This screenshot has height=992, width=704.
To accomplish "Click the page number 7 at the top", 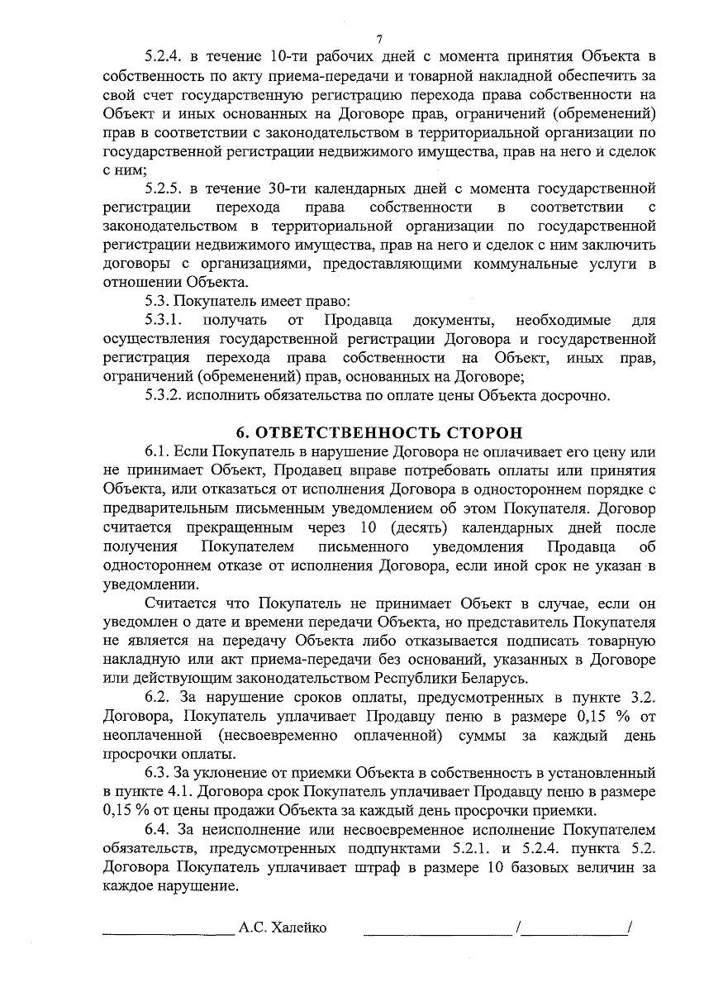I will pos(378,39).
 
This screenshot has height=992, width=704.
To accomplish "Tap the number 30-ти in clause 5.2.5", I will pos(288,188).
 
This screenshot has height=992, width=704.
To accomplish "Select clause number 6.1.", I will pos(157,452).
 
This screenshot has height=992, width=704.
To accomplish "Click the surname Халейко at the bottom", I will pos(297,928).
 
